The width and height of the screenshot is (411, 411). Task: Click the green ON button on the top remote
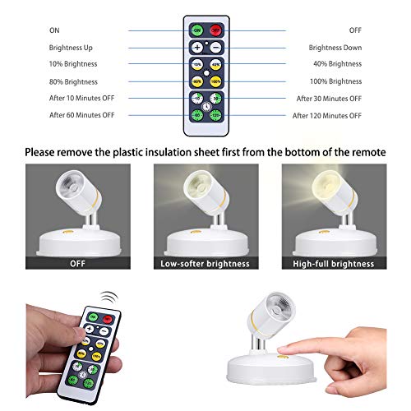(x=197, y=29)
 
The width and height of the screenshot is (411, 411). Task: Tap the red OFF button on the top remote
(x=215, y=29)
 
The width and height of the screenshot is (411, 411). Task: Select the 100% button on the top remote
(x=215, y=81)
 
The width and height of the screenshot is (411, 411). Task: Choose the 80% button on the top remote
(x=197, y=81)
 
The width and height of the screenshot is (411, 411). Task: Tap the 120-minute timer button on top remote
(x=215, y=116)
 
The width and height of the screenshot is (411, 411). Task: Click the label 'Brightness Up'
(x=70, y=48)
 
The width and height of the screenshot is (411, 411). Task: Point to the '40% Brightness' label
(x=337, y=63)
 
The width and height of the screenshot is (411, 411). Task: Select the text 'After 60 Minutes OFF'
(x=81, y=116)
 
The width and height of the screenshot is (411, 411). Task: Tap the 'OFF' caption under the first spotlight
(x=78, y=263)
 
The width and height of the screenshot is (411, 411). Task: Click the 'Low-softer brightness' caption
(x=205, y=263)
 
